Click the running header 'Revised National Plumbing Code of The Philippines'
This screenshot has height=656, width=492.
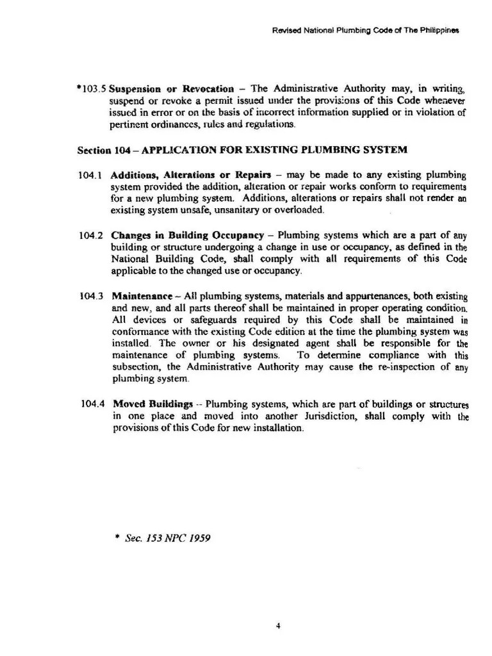click(x=365, y=30)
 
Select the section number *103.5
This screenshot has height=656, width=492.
click(x=90, y=89)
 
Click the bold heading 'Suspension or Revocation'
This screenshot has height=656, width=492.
click(x=171, y=89)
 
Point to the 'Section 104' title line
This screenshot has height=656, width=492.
click(x=242, y=151)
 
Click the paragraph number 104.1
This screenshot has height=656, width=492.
click(x=90, y=175)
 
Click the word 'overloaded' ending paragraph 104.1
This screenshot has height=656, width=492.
click(x=302, y=209)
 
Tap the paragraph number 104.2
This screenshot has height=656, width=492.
click(x=90, y=235)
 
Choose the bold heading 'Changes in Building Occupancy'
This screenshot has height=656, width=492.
click(x=188, y=235)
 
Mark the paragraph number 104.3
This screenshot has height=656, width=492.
click(x=90, y=296)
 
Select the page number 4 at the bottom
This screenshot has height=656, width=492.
click(x=278, y=609)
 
